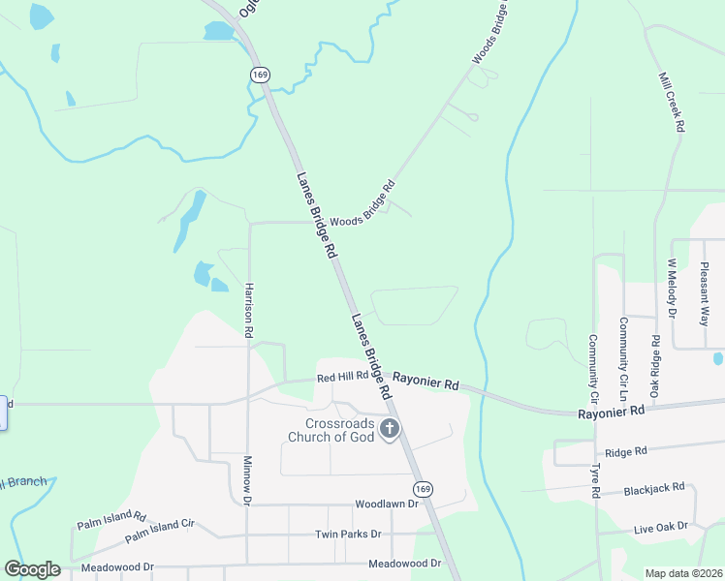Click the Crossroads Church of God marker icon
coord(390,429)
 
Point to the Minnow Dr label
coord(247,481)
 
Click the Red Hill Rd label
coord(342,376)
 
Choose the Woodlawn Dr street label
coord(386,505)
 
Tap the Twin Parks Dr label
coord(348,535)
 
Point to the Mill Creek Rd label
coord(672,102)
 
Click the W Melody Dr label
coord(670,288)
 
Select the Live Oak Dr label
coord(660,527)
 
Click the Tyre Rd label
coord(594,481)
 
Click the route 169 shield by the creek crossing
coord(259,75)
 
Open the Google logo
coord(32,569)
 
